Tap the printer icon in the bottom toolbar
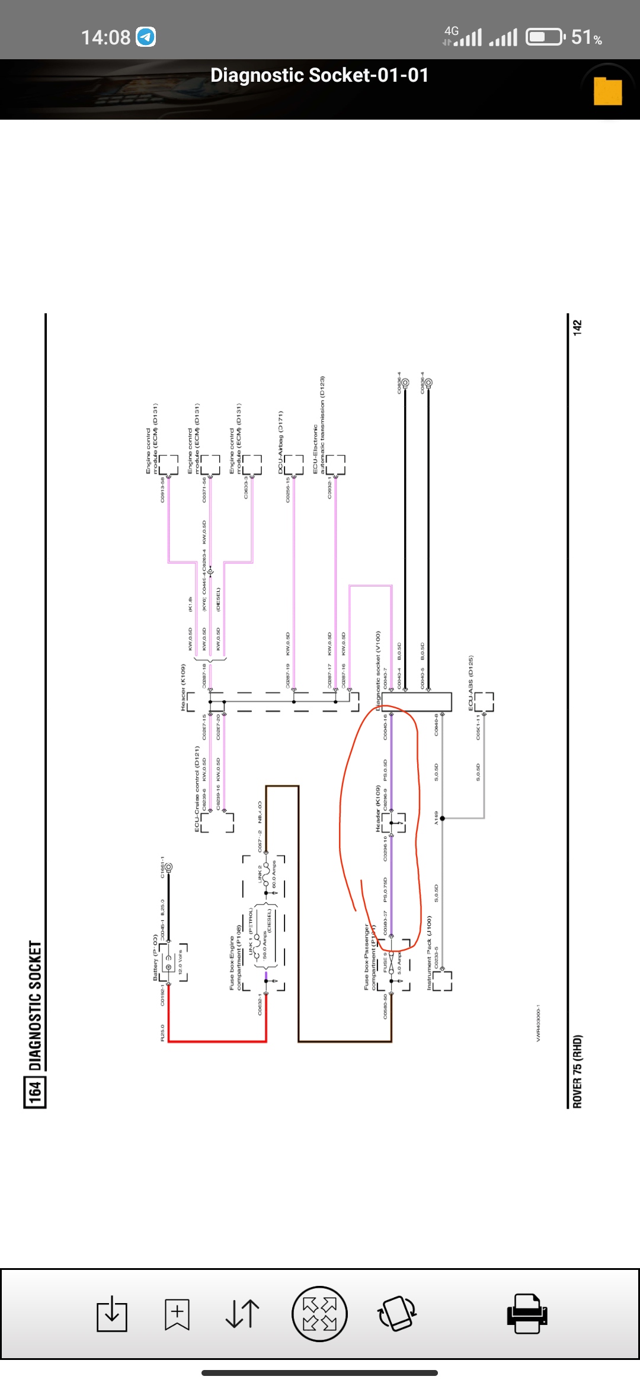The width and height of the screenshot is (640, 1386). click(x=527, y=1313)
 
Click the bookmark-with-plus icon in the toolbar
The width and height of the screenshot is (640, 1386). click(x=177, y=1314)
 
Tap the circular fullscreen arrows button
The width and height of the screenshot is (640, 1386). click(x=319, y=1313)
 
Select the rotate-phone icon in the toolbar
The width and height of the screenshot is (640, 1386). click(x=397, y=1313)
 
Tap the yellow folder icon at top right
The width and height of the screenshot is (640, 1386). click(x=607, y=91)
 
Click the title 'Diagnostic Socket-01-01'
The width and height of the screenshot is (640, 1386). click(x=319, y=75)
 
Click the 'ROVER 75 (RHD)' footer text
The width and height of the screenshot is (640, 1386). click(x=577, y=1071)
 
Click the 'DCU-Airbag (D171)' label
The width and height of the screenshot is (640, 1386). click(x=281, y=441)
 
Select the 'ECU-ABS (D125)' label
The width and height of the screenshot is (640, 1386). click(x=471, y=682)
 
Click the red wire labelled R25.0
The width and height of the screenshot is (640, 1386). click(x=217, y=1041)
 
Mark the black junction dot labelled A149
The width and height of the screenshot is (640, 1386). click(x=442, y=819)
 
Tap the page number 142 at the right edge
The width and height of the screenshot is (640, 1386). click(x=577, y=327)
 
